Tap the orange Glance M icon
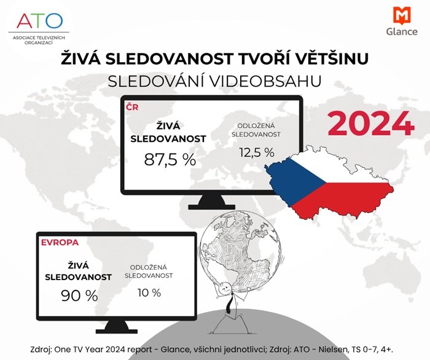401,16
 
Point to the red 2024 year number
370,125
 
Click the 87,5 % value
170,159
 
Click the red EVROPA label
61,242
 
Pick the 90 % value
79,295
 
